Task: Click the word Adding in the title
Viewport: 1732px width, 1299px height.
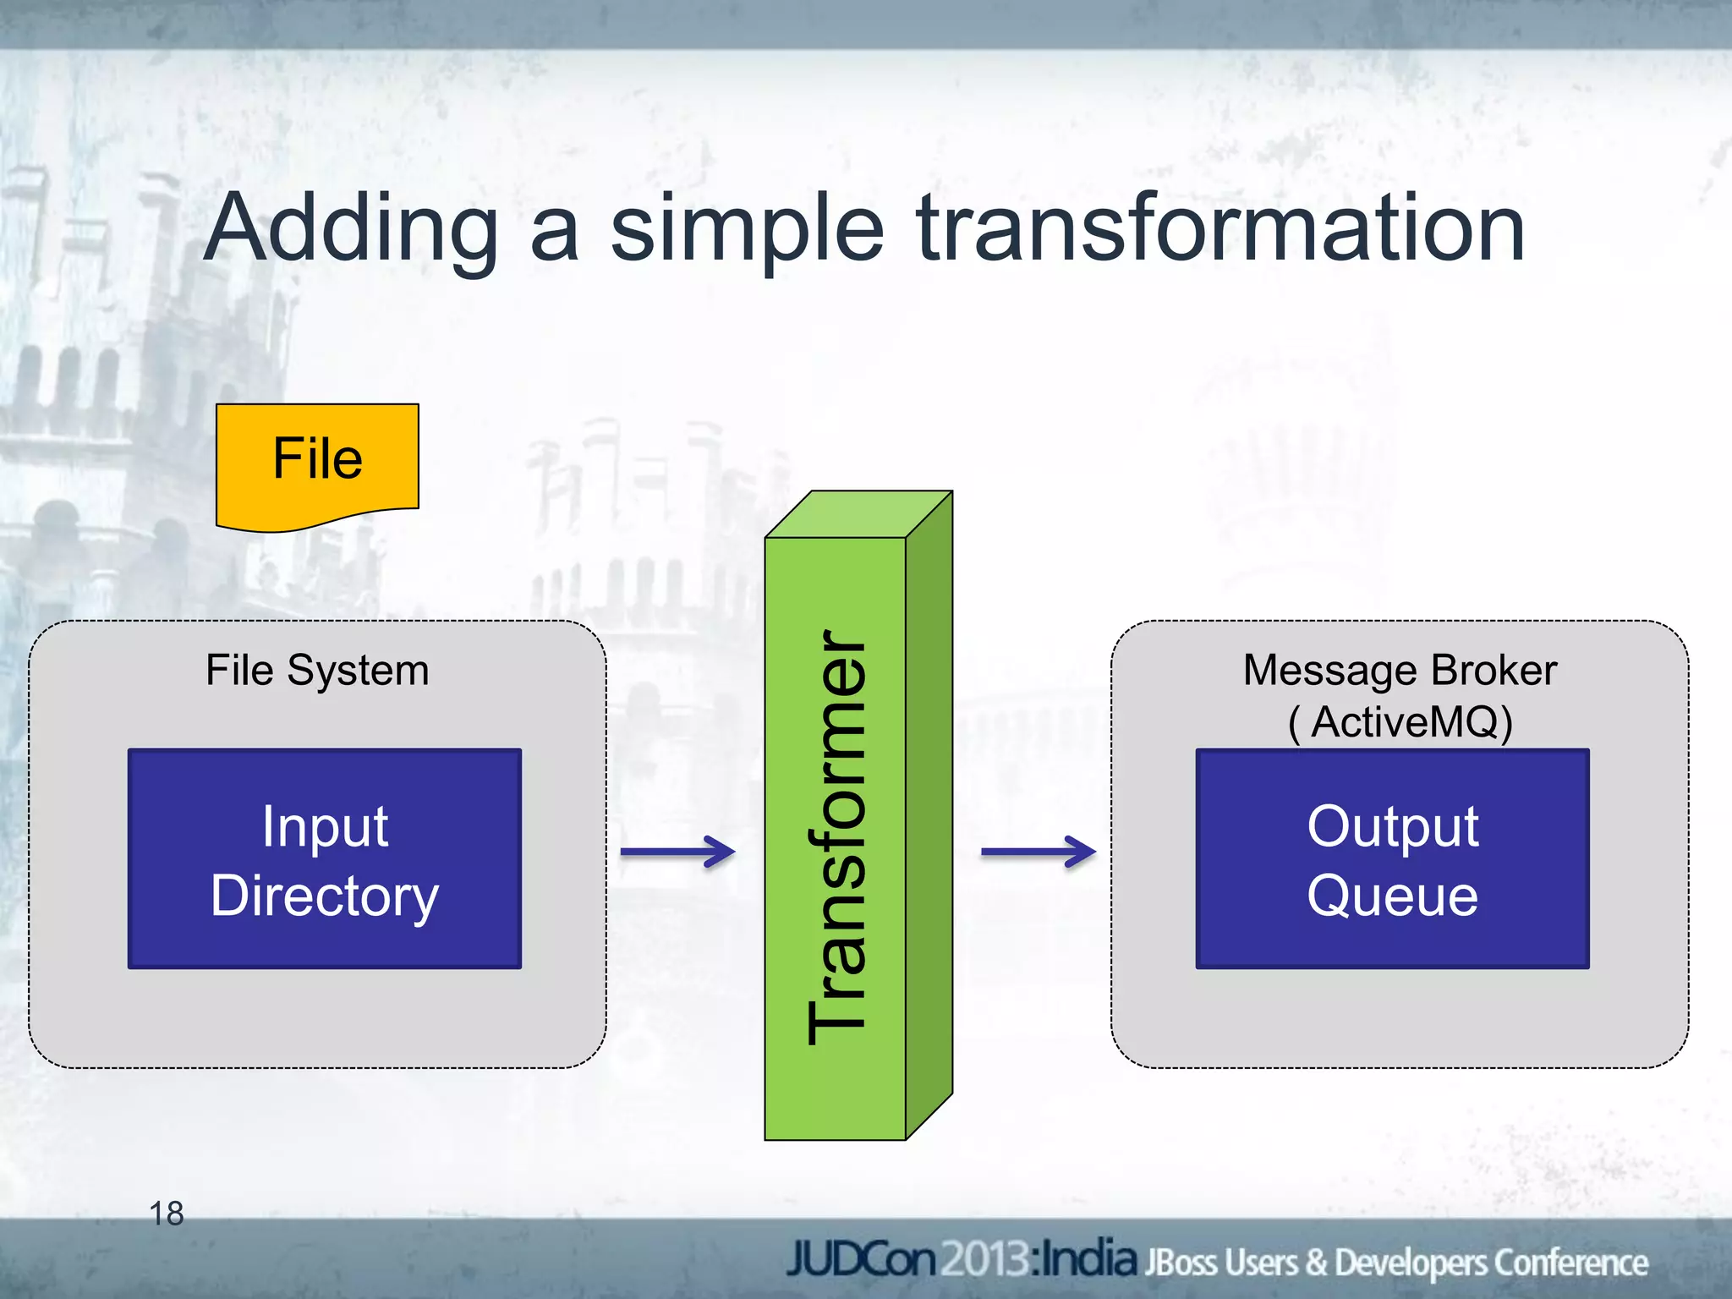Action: click(351, 228)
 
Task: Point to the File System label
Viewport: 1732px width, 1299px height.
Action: click(317, 671)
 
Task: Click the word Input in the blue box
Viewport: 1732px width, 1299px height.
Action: click(325, 826)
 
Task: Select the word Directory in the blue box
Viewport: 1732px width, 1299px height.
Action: click(325, 896)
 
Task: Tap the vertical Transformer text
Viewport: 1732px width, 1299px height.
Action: click(836, 837)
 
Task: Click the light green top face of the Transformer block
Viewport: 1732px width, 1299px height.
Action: click(858, 514)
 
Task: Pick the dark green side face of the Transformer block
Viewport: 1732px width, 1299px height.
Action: click(929, 812)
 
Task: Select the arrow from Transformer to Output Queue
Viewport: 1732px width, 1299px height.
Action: click(1038, 852)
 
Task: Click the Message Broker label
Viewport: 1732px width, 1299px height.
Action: click(1400, 671)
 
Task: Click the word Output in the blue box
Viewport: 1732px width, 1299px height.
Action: click(1392, 826)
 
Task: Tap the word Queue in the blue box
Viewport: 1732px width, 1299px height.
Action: click(1392, 896)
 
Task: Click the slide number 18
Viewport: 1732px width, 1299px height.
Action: click(167, 1214)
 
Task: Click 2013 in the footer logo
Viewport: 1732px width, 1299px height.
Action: click(985, 1260)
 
